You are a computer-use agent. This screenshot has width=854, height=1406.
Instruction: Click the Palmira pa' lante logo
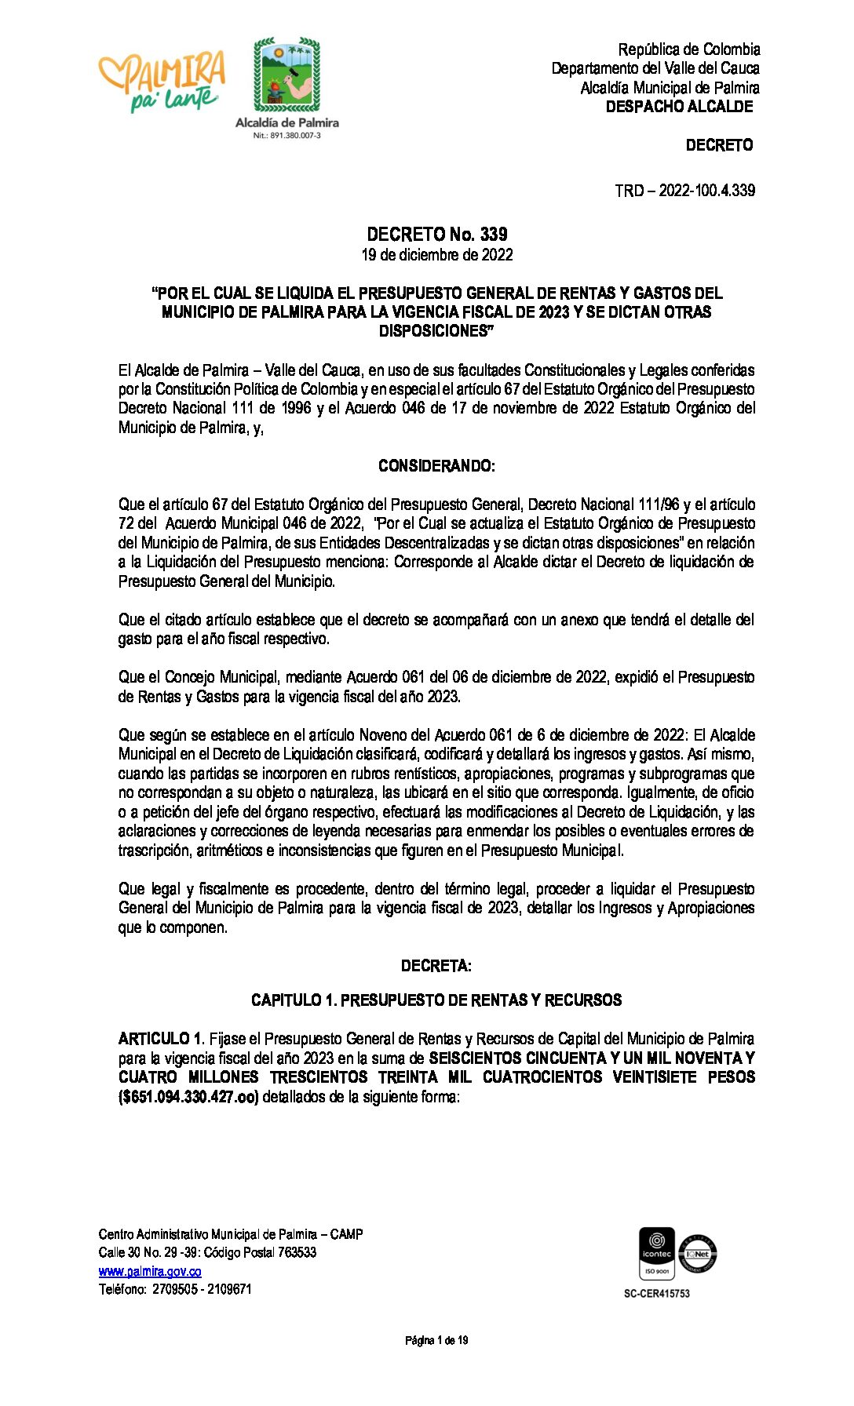pos(162,81)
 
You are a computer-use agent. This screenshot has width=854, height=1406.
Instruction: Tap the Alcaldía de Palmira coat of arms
pos(286,75)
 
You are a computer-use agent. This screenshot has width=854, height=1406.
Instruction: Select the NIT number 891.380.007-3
pos(286,136)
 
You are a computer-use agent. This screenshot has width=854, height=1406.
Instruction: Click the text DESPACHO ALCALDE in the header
pos(679,107)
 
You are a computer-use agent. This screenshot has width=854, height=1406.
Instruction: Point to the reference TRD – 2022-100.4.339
pos(684,190)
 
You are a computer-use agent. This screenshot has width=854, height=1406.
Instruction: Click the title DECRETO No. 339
pos(436,234)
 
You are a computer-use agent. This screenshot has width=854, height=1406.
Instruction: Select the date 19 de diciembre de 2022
pos(436,255)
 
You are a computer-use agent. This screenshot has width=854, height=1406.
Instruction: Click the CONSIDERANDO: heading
pos(436,466)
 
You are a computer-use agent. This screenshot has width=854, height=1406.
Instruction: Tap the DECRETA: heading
pos(436,966)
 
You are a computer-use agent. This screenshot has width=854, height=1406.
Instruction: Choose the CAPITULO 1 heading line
pos(436,1000)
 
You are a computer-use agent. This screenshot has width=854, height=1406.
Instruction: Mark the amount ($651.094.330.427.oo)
pos(188,1097)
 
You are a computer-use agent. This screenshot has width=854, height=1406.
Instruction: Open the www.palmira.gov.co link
pos(150,1271)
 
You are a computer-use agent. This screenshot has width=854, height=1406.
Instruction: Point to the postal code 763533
pos(294,1252)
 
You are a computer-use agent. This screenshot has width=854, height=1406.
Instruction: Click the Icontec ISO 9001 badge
pos(656,1253)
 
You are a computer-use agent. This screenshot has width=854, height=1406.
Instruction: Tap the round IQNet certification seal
pos(698,1253)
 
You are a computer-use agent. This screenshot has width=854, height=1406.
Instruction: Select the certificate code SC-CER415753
pos(656,1293)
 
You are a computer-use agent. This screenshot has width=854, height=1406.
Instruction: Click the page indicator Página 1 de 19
pos(436,1340)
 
